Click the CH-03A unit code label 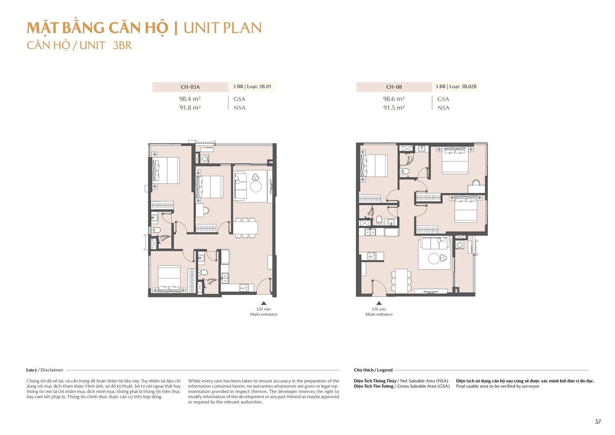point(190,87)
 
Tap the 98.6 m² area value point(394,98)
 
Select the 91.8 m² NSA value point(190,107)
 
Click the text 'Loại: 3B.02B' point(463,87)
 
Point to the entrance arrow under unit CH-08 point(379,303)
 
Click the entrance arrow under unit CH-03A point(264,303)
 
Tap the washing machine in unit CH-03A point(204,158)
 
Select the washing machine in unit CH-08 point(460,245)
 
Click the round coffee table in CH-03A point(256,187)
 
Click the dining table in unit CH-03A point(246,228)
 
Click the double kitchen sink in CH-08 point(370,232)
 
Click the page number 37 point(598,422)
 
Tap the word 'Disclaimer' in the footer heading point(52,370)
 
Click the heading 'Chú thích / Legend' point(373,370)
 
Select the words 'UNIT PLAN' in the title point(223,28)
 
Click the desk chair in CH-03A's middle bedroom point(206,211)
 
